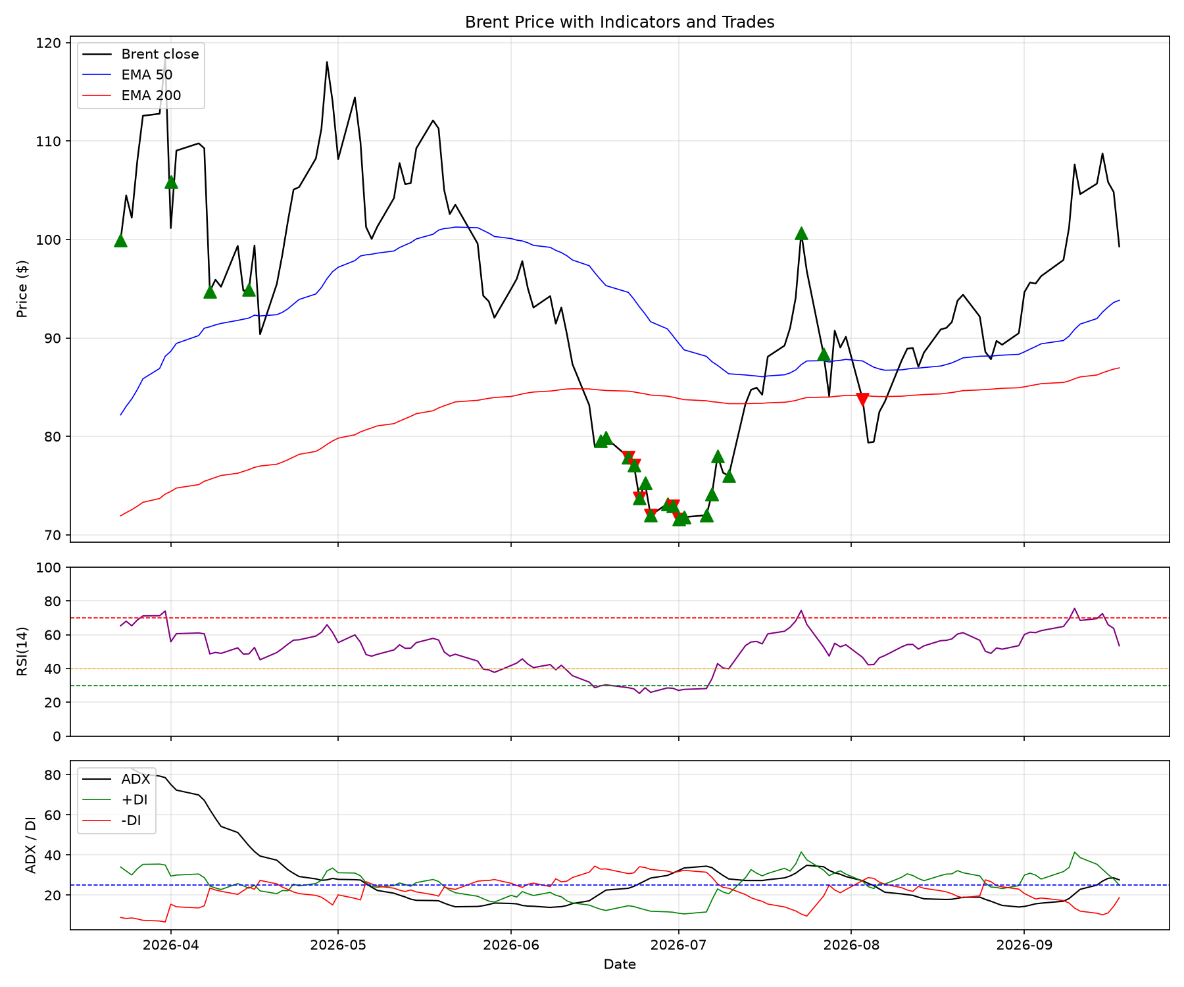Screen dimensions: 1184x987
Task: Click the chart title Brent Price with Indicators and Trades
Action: point(620,22)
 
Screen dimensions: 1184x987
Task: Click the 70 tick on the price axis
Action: point(55,535)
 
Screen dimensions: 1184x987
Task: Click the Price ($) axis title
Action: point(23,289)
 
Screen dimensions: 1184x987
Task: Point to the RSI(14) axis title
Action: point(23,651)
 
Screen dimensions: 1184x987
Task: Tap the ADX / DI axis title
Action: point(30,845)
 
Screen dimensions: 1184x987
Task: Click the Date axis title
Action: point(620,965)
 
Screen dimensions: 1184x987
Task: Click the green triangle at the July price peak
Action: point(801,233)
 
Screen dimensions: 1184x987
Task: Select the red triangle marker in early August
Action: point(862,399)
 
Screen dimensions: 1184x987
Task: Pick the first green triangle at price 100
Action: point(120,240)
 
